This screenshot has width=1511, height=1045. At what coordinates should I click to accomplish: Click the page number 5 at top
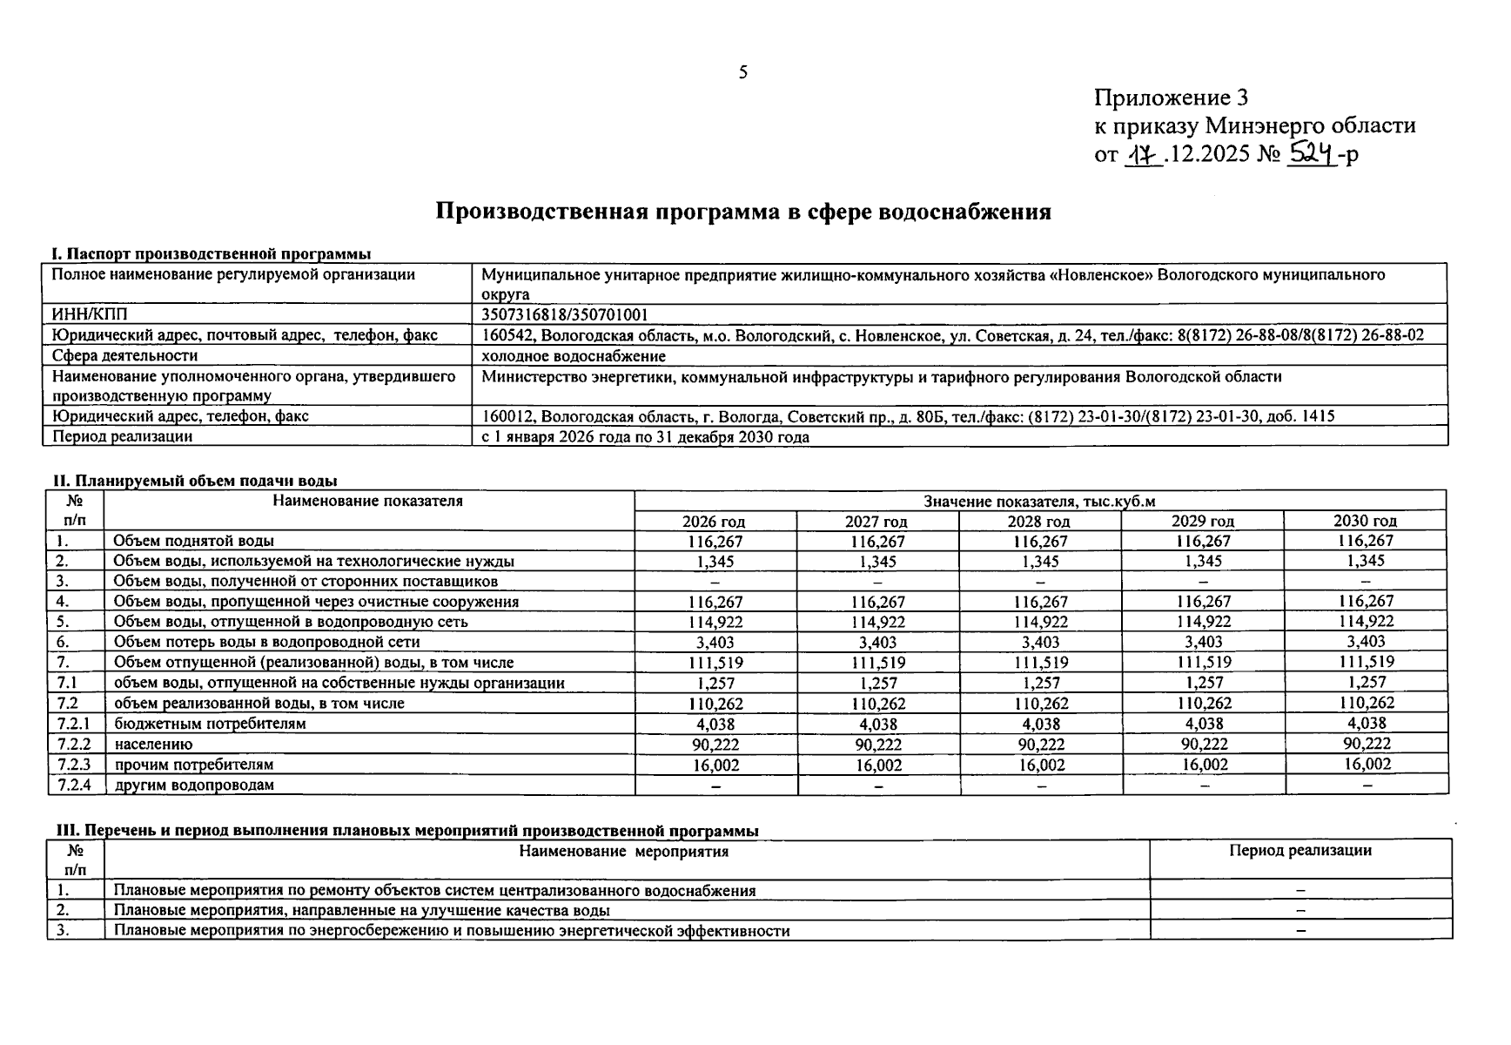pyautogui.click(x=742, y=72)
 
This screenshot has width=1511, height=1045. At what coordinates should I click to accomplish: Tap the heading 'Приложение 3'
pyautogui.click(x=1171, y=97)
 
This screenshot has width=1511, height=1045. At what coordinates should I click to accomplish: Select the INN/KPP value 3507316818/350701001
pyautogui.click(x=565, y=314)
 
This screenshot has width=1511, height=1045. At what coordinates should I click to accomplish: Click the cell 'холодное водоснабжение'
pyautogui.click(x=574, y=355)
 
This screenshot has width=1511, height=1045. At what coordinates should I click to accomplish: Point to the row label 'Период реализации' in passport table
pyautogui.click(x=123, y=436)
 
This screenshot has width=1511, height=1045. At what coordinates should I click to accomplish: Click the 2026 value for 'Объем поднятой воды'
pyautogui.click(x=715, y=541)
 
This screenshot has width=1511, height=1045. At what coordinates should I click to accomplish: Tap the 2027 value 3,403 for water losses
pyautogui.click(x=877, y=643)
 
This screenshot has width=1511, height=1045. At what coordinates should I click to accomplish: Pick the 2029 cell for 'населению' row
pyautogui.click(x=1204, y=744)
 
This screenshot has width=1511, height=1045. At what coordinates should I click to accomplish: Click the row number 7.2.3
pyautogui.click(x=75, y=765)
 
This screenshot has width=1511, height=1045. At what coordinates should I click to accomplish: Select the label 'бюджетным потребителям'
pyautogui.click(x=210, y=724)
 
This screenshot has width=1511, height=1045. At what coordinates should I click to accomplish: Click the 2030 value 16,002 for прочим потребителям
pyautogui.click(x=1367, y=764)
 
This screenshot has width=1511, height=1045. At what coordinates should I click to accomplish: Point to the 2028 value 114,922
pyautogui.click(x=1040, y=622)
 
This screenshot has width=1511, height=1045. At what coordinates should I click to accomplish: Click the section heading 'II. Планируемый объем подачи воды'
pyautogui.click(x=195, y=481)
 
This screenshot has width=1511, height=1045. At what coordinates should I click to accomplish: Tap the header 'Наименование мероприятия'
pyautogui.click(x=623, y=851)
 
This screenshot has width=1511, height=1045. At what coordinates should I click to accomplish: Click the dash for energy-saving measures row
pyautogui.click(x=1300, y=931)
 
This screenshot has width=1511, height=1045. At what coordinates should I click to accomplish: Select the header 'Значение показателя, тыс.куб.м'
pyautogui.click(x=1039, y=501)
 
